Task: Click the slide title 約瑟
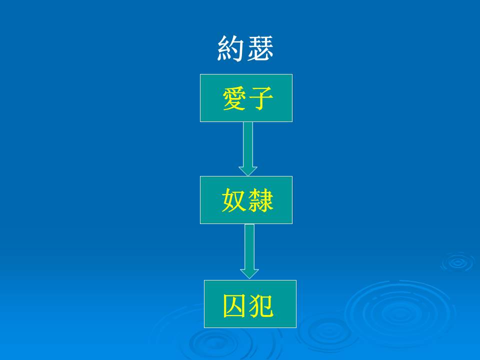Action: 245,48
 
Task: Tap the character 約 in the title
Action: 230,48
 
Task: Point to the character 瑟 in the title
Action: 260,48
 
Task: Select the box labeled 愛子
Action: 246,98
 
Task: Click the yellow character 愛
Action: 234,98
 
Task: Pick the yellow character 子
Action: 260,98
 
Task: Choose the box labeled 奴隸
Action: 246,200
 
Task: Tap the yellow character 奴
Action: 234,200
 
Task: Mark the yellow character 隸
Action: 260,200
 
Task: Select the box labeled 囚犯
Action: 250,304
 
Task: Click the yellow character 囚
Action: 235,305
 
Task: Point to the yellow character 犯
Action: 261,305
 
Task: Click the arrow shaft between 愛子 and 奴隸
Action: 248,144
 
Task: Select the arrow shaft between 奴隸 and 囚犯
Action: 249,246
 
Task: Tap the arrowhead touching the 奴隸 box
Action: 248,171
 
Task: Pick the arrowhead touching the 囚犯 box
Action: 249,274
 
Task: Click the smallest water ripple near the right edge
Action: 458,262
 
